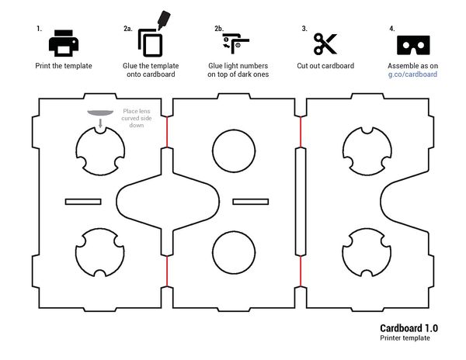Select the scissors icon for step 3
(325, 43)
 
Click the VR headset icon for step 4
(413, 44)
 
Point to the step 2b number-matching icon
(232, 43)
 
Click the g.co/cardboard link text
(412, 74)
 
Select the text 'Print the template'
(64, 66)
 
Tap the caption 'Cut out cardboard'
(325, 66)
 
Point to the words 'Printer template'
(404, 338)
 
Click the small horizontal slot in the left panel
(89, 202)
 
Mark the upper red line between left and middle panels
(166, 133)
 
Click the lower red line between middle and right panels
(301, 271)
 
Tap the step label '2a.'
(127, 29)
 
